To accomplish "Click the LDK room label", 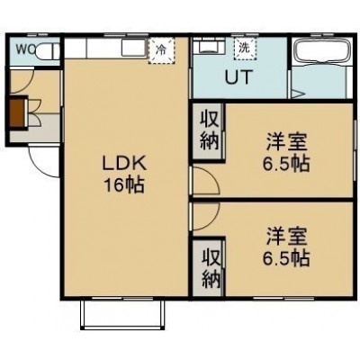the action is pos(124,164).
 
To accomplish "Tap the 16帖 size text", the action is pos(124,184).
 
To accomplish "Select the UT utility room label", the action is pos(238,77).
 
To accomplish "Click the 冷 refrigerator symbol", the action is pos(162,50).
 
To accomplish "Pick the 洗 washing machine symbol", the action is pos(245,49).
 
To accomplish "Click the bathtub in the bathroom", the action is pos(322,51).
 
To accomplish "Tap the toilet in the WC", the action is pos(48,50).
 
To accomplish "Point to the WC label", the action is pos(25,49).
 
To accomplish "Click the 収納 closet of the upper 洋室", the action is pos(209,131).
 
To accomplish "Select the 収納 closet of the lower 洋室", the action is pos(209,268).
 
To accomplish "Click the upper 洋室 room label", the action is pos(286,142).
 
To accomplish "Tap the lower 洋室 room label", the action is pos(286,236).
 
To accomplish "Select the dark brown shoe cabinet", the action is pos(16,112).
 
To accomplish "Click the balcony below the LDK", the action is pos(122,314).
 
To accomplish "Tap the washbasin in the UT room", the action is pos(209,47).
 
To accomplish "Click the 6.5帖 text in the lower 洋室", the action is pos(286,257).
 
